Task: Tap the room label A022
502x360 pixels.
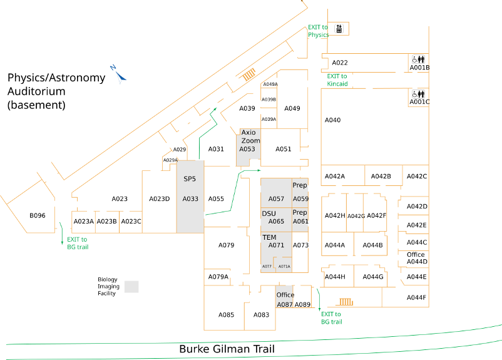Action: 340,63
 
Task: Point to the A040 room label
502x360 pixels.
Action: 332,120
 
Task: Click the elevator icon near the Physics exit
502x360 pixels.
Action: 339,28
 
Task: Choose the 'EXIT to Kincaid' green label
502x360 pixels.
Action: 337,80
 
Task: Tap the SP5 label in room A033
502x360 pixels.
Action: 190,178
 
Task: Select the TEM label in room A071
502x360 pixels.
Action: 269,237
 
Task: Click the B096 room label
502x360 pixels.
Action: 38,216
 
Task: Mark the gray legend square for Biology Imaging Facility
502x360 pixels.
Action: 131,287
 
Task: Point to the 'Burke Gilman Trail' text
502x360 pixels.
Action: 227,349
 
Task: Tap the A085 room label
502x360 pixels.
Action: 226,314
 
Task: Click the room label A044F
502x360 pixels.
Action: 416,297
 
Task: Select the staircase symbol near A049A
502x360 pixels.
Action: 249,75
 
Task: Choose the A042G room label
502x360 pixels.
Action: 356,216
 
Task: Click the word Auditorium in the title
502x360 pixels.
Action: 36,91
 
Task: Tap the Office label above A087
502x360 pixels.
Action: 285,295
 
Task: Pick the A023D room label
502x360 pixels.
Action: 160,199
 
